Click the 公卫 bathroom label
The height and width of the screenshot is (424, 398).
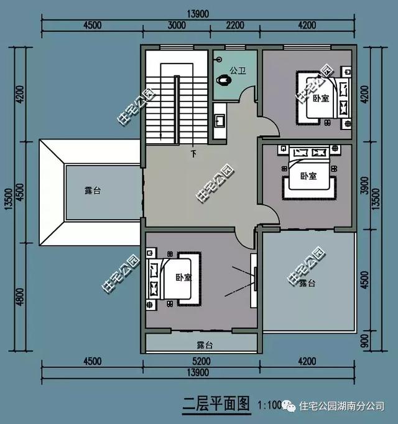[237, 70]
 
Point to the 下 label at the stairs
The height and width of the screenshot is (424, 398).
[193, 153]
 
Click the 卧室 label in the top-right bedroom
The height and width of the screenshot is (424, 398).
[321, 98]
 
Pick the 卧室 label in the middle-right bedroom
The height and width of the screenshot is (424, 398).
[308, 176]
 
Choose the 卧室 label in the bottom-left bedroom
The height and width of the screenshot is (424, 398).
[183, 278]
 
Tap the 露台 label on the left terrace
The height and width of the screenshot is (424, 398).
[93, 191]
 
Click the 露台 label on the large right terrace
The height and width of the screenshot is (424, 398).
[307, 283]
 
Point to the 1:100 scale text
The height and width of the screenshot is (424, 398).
[268, 405]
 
